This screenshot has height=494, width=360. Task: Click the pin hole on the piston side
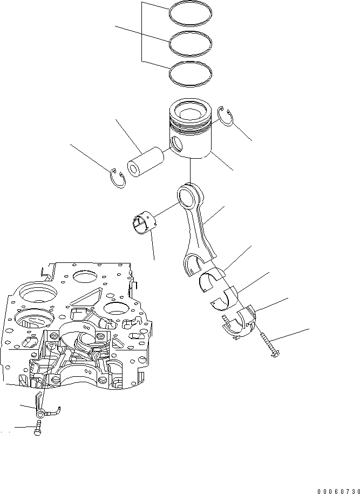pyautogui.click(x=175, y=143)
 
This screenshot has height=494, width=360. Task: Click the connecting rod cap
pyautogui.click(x=237, y=322)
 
